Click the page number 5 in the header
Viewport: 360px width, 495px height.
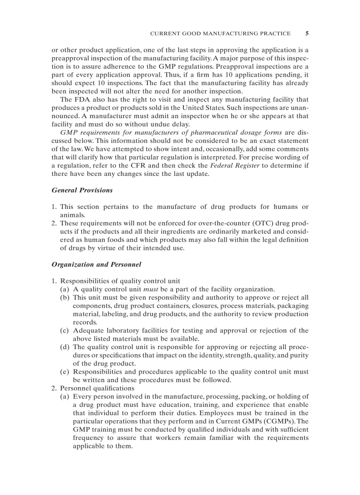[x=307, y=33]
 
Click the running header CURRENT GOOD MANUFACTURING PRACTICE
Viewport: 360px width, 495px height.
[x=220, y=33]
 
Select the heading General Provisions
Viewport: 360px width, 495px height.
[x=82, y=190]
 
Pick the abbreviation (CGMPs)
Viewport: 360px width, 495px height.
[x=279, y=421]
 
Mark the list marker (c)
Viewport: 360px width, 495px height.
[x=65, y=331]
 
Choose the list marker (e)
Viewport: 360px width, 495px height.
[x=65, y=372]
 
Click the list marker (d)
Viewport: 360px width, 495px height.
[x=65, y=347]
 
